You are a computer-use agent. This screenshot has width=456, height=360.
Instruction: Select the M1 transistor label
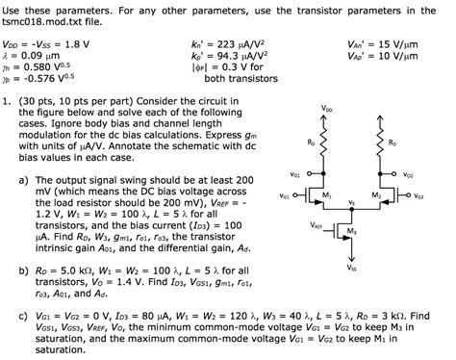pos(327,196)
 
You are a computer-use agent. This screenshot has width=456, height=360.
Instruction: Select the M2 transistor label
pos(374,196)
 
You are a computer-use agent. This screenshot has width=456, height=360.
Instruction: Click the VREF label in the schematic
pos(317,225)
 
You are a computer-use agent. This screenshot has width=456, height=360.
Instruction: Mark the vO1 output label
pos(294,174)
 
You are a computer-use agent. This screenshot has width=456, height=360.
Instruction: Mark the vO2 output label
pos(409,175)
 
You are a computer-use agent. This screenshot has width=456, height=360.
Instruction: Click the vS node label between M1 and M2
pos(352,203)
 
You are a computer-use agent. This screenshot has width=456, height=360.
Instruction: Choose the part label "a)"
pos(22,180)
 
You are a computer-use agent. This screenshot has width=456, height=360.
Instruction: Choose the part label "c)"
pos(22,315)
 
